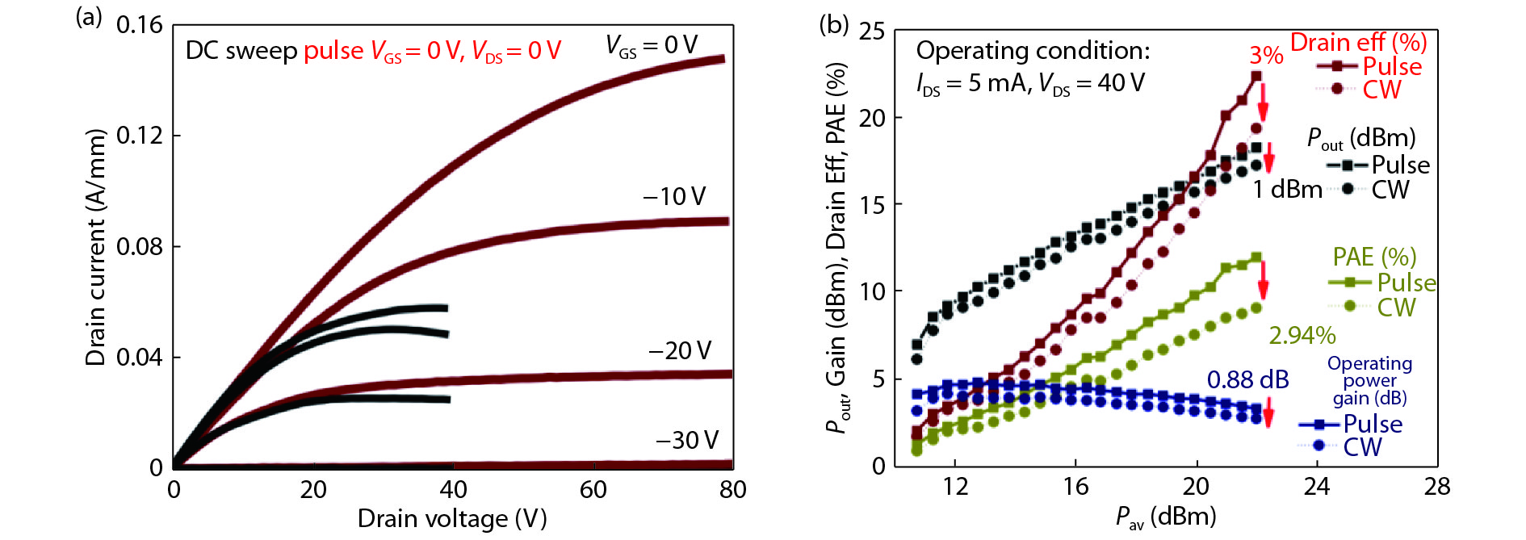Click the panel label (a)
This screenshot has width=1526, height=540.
(88, 17)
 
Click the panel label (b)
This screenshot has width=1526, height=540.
(834, 24)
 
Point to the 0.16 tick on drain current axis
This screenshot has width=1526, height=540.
(140, 25)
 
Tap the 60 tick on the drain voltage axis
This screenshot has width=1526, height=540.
(593, 489)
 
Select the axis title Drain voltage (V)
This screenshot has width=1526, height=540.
(452, 518)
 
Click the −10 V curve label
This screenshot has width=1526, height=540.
(674, 196)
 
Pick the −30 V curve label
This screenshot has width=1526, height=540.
(687, 440)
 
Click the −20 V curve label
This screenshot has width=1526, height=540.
(680, 350)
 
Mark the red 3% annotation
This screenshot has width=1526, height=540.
(1266, 55)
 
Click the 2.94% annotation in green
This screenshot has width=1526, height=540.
(1302, 335)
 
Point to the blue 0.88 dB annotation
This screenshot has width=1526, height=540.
(1247, 379)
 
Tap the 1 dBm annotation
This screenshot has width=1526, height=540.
(1287, 190)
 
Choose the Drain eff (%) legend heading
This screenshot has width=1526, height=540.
(1358, 42)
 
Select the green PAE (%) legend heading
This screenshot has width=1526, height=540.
(1374, 257)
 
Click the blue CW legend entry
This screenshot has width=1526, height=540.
(1362, 446)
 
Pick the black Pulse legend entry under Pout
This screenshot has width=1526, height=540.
(1400, 165)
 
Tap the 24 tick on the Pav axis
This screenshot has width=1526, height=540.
(1317, 486)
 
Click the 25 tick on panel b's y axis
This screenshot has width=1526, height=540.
(872, 31)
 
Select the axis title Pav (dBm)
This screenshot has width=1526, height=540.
(1165, 517)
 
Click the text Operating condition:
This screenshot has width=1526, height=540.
(1033, 51)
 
